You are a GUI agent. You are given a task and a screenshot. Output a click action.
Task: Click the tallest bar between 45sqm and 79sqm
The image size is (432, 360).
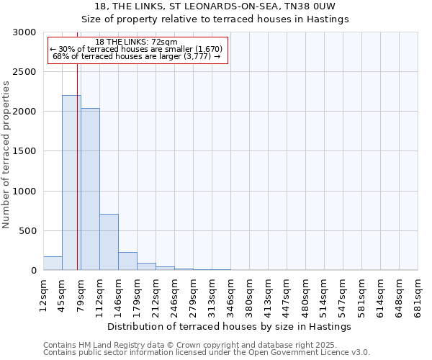coord(71,183)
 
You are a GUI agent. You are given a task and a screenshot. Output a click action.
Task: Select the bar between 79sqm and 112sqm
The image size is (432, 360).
coord(90,189)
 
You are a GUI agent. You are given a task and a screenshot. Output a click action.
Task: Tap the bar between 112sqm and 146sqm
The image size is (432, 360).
coord(109,242)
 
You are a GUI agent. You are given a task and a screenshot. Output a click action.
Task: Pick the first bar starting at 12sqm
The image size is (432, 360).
coord(53,264)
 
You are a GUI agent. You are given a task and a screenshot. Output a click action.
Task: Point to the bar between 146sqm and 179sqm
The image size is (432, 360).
coord(127,261)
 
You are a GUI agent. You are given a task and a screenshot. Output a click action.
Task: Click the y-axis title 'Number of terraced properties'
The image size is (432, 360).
coord(6,155)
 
